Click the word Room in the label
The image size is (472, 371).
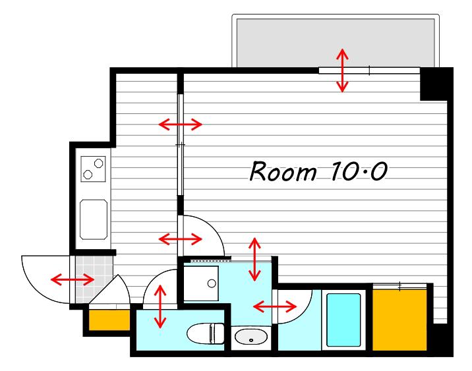click(283, 171)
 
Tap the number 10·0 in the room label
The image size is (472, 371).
click(359, 171)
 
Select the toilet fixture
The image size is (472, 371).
click(206, 333)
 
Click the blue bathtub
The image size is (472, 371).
click(343, 320)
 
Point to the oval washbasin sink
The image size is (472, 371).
click(251, 337)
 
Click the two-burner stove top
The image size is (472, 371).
click(93, 169)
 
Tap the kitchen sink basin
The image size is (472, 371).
click(94, 219)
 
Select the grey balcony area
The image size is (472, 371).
click(336, 42)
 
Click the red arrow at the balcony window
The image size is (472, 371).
click(342, 70)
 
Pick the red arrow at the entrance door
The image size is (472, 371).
click(73, 279)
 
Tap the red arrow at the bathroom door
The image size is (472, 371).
click(275, 306)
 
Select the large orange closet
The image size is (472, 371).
click(399, 320)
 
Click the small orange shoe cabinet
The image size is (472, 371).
click(109, 320)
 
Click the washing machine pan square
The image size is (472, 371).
click(201, 283)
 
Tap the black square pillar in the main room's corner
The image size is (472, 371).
click(434, 84)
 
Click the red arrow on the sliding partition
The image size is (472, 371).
click(181, 124)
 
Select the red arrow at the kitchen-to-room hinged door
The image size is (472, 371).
click(180, 239)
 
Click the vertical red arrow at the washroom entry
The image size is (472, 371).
click(254, 259)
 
